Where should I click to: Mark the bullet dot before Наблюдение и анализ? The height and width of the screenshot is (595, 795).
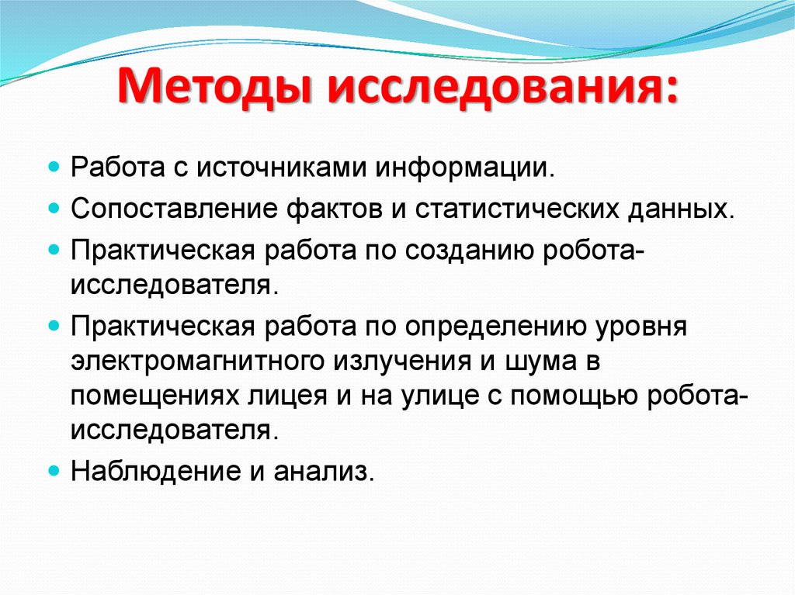pyautogui.click(x=54, y=471)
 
